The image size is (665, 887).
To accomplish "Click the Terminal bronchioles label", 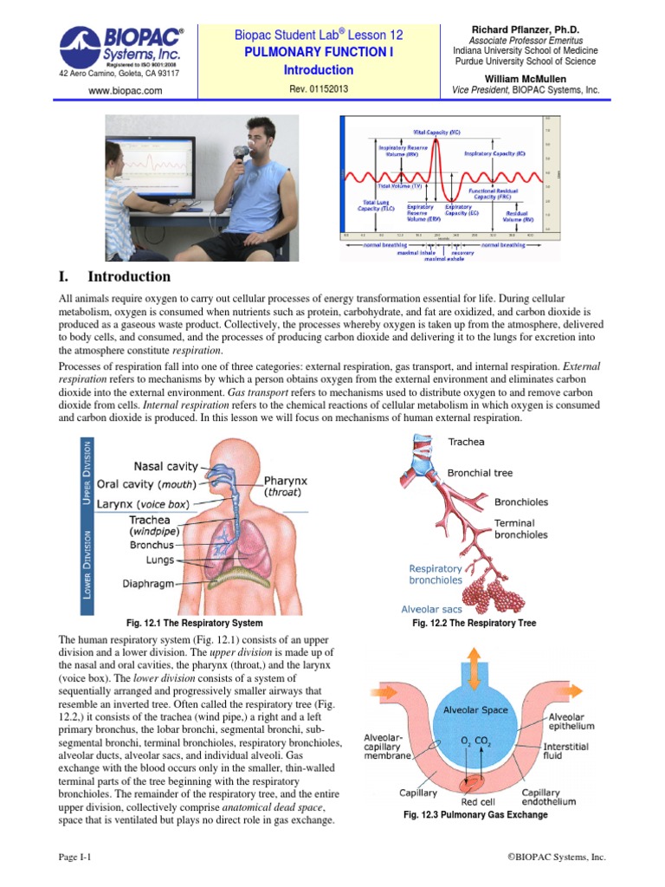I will click(520, 529).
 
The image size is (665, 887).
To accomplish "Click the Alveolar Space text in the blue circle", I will click(475, 709).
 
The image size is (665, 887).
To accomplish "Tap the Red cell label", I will click(478, 789).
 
